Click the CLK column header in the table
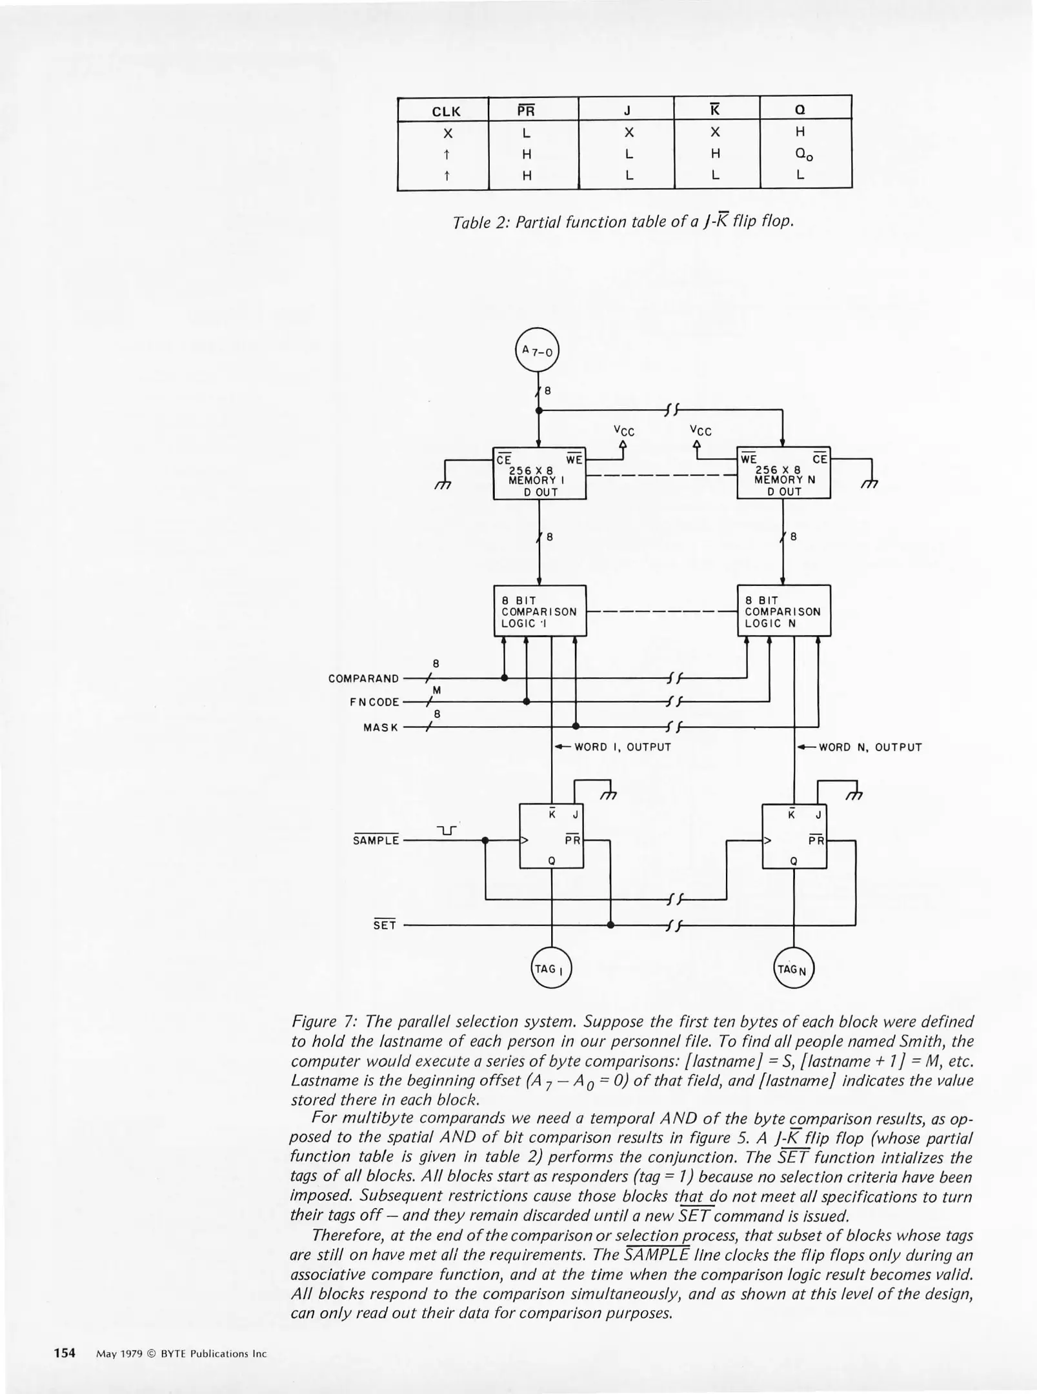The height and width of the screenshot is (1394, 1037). (446, 111)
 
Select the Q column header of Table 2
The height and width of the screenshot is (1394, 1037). (800, 110)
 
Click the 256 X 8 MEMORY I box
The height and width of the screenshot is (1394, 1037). (539, 473)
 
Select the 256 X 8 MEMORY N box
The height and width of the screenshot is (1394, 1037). (783, 473)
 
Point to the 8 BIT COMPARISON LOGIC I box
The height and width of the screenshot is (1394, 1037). (539, 611)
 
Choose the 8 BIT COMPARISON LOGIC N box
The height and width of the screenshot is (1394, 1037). (783, 611)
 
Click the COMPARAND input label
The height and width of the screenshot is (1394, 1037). (364, 679)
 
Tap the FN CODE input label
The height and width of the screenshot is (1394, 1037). (375, 702)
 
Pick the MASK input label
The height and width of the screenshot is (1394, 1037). (381, 728)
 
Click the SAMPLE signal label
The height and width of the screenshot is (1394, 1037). (376, 841)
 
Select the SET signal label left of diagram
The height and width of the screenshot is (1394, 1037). (385, 925)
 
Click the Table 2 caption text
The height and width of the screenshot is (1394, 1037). (623, 221)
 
